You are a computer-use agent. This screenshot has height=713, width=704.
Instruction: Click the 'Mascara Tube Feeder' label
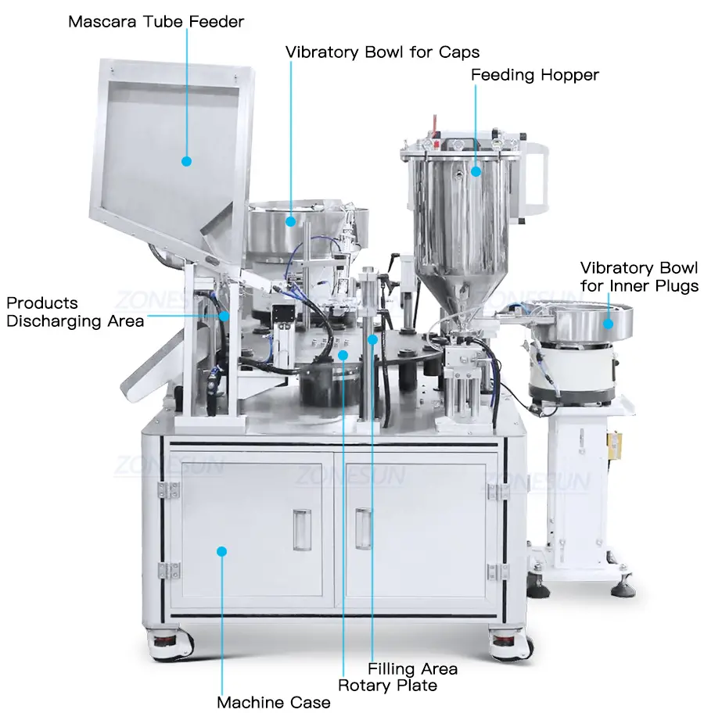click(156, 22)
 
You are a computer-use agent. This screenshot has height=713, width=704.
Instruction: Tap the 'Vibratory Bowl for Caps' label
click(383, 52)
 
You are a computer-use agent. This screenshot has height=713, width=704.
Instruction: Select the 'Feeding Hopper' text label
click(535, 75)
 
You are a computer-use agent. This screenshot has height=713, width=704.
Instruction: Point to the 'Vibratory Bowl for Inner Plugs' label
click(639, 277)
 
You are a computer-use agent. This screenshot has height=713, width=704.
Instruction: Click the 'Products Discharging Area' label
click(75, 312)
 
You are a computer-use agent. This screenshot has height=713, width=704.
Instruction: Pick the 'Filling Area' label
click(412, 669)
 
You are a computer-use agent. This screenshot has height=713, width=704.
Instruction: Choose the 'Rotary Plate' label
click(387, 686)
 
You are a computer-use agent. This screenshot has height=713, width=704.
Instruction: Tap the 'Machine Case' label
click(274, 702)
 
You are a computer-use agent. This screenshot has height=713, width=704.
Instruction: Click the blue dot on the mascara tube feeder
click(186, 161)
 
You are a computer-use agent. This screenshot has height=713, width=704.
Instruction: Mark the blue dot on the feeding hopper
click(476, 171)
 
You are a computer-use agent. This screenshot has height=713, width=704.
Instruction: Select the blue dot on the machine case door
click(221, 552)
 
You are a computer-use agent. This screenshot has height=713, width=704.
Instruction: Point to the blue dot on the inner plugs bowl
click(608, 324)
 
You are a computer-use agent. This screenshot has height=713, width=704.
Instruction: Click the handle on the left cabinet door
click(302, 530)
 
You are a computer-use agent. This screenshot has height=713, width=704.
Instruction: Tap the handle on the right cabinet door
click(363, 528)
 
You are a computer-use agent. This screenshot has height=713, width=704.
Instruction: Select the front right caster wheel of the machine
click(509, 643)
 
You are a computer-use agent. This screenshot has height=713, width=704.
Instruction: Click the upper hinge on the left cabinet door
click(168, 489)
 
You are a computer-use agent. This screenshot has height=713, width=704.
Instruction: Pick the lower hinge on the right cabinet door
click(497, 572)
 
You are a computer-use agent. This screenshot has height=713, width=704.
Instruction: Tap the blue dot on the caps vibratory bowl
click(290, 221)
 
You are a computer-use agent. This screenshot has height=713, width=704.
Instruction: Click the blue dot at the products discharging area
click(224, 316)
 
